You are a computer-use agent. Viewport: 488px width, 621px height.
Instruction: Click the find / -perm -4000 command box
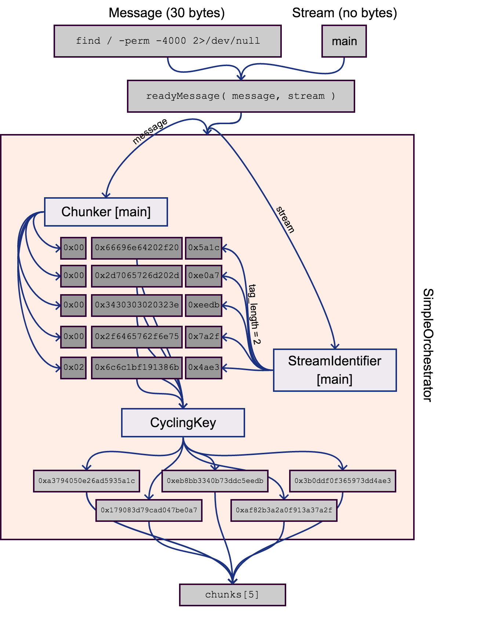(167, 41)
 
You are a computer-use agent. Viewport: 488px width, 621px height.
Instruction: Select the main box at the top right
(344, 41)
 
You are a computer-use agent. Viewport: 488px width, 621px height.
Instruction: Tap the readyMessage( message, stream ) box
(241, 96)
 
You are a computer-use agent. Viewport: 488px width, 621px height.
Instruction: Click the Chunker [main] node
(106, 212)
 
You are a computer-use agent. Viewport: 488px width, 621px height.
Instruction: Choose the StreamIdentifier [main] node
(335, 370)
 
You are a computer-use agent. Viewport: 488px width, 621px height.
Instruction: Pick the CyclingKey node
(183, 422)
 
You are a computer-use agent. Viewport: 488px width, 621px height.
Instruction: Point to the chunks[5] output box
(232, 595)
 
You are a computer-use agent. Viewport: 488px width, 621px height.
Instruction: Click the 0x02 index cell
(73, 368)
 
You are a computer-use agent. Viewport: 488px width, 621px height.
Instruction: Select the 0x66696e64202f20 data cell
(136, 248)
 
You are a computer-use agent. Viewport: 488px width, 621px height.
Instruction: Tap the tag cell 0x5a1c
(204, 248)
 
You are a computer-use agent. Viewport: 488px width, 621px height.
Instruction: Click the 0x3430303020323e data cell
(136, 305)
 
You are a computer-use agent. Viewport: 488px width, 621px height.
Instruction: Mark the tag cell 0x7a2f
(204, 337)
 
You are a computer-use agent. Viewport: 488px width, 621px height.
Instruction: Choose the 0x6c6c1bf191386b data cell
(136, 368)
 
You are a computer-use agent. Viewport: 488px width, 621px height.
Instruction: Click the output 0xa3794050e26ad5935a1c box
(86, 481)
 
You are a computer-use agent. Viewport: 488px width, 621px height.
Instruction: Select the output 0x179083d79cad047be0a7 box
(149, 510)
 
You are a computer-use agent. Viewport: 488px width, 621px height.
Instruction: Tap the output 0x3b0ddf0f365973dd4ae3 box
(342, 481)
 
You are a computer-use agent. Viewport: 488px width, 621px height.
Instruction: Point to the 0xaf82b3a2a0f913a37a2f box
(284, 510)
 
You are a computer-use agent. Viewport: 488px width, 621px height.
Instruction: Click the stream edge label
(285, 220)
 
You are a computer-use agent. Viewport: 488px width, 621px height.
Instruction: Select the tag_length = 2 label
(254, 314)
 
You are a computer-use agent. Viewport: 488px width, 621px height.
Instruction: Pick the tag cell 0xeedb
(204, 305)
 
